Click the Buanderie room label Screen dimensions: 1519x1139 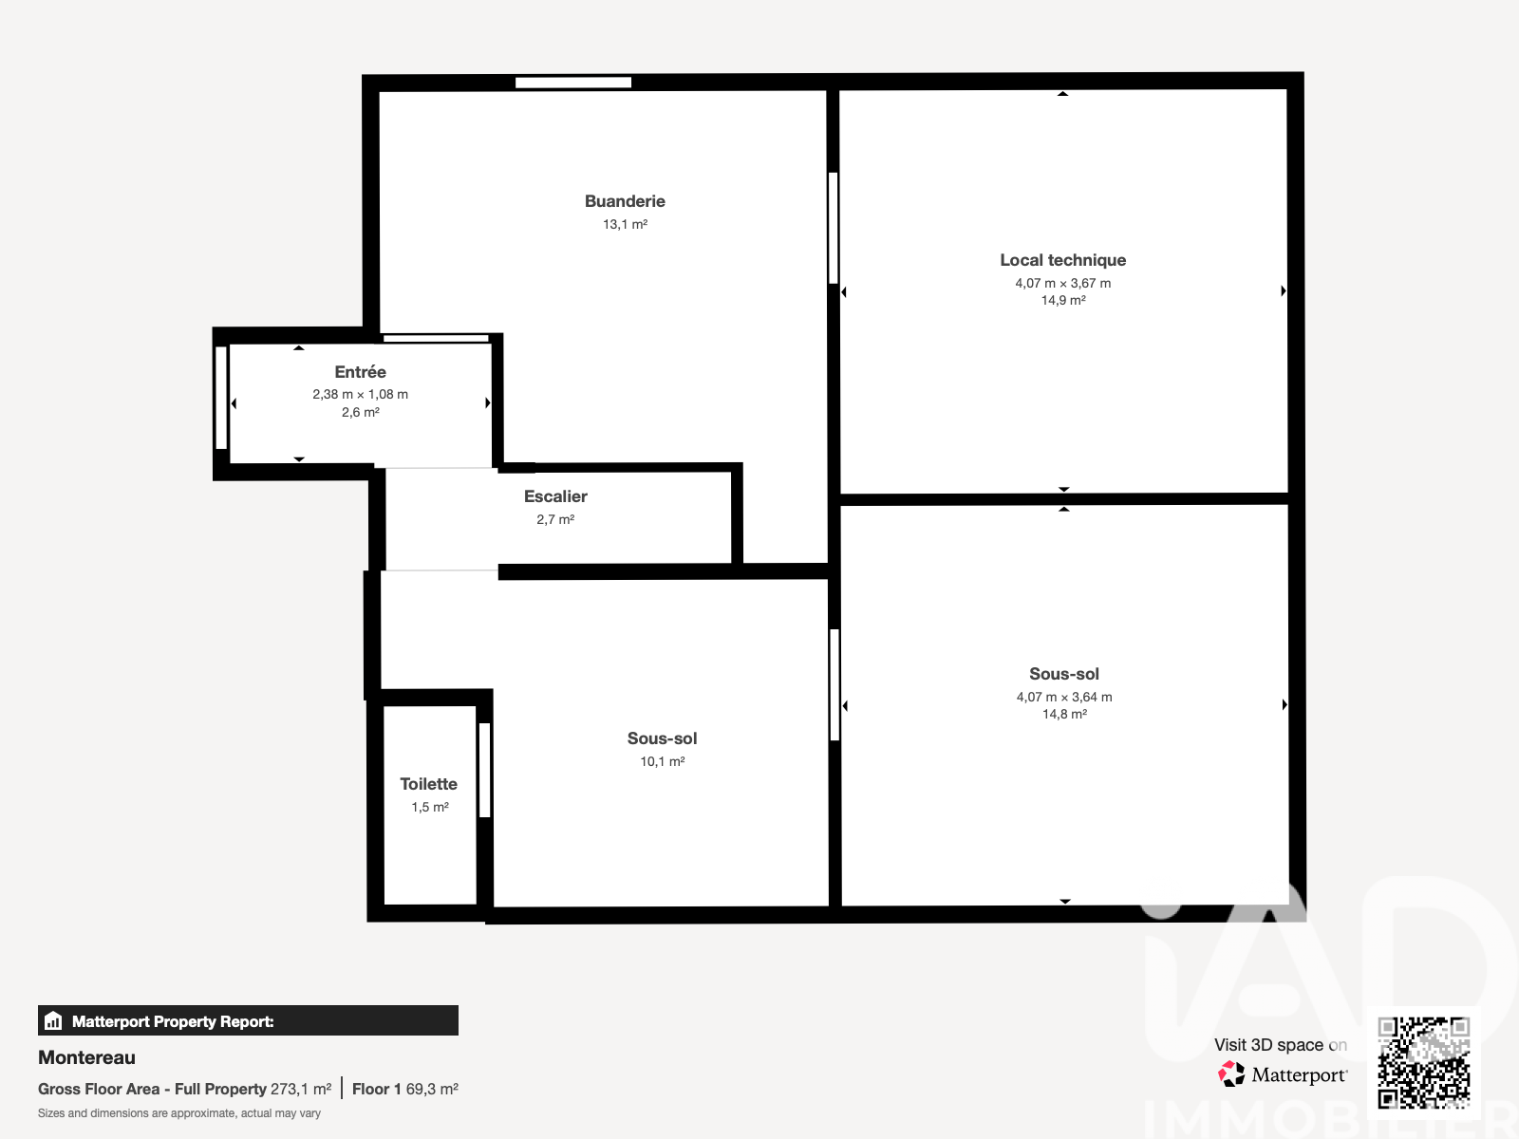point(625,201)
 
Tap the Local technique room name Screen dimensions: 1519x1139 point(1063,260)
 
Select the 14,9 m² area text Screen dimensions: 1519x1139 point(1063,300)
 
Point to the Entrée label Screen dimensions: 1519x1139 point(360,372)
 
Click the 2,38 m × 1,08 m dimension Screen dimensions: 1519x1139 point(360,394)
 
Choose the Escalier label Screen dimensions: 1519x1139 point(555,496)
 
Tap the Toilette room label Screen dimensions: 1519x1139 point(428,784)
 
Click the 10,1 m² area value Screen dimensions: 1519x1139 point(663,761)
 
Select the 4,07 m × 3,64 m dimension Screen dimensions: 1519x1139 point(1064,697)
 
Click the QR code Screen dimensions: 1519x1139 point(1423,1063)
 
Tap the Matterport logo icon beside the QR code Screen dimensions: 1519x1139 point(1231,1074)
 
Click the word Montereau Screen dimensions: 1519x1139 point(86,1057)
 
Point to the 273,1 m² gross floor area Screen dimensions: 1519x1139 point(301,1090)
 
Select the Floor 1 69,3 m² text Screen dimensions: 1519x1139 point(404,1090)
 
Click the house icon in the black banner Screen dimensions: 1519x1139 point(53,1020)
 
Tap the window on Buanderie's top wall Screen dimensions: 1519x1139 point(573,83)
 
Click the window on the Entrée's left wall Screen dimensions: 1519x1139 point(221,398)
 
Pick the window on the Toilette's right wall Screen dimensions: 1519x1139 point(484,770)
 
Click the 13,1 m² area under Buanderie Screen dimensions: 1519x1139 point(625,224)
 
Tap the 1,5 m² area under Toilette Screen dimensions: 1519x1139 point(430,807)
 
